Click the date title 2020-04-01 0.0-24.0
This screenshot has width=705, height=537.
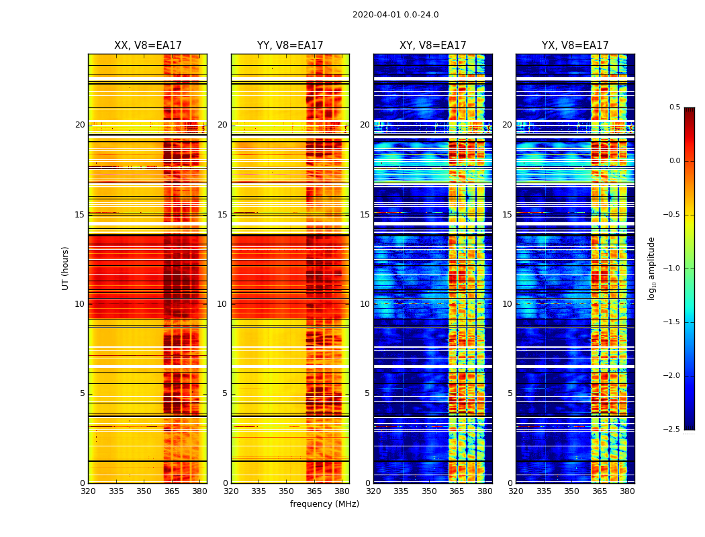[x=395, y=15]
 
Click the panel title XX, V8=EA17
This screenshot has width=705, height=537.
[x=148, y=46]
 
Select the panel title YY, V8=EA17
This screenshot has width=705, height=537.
[x=290, y=46]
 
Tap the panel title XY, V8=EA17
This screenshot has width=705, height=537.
[x=432, y=46]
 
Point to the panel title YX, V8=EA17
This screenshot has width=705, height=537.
[x=575, y=46]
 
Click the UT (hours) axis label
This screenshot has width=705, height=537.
[x=66, y=268]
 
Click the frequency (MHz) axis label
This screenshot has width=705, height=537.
[x=324, y=504]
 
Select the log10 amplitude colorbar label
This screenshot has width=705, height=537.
[x=651, y=268]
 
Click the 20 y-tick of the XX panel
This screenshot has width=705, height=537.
[x=81, y=125]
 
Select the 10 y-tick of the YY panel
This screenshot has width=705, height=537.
[x=223, y=304]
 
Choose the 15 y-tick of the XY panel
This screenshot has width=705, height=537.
[x=365, y=215]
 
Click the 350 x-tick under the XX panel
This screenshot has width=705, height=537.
[x=144, y=491]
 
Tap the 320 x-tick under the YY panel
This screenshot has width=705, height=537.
[x=231, y=491]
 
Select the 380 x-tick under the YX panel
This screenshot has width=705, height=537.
[x=627, y=491]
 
